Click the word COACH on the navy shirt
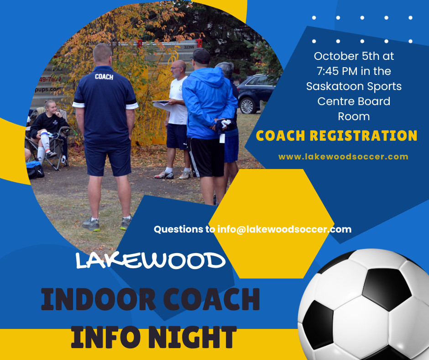[x=104, y=77]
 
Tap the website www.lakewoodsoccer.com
[x=343, y=157]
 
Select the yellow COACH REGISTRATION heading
[x=336, y=136]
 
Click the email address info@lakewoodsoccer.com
[x=284, y=229]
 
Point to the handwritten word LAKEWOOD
[x=150, y=260]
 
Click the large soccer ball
[x=363, y=304]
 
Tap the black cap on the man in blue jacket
[x=201, y=56]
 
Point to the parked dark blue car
[x=256, y=93]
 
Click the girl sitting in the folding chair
[x=47, y=129]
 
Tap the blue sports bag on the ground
[x=35, y=169]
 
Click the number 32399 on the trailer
[x=189, y=47]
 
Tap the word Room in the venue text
[x=354, y=116]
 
